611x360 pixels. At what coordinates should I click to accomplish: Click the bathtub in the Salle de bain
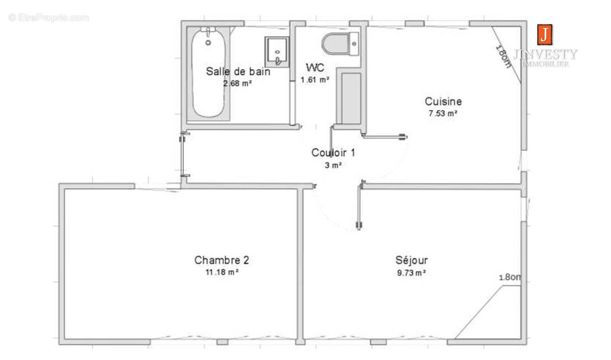click(x=208, y=74)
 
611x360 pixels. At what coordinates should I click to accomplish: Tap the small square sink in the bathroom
click(x=275, y=51)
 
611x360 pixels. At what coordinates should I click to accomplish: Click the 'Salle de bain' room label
click(x=238, y=72)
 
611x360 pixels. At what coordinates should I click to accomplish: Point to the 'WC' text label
click(x=315, y=68)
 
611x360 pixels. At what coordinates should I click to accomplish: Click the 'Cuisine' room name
click(x=443, y=101)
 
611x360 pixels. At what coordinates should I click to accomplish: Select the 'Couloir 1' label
click(x=333, y=152)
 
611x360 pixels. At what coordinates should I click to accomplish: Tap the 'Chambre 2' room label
click(x=221, y=260)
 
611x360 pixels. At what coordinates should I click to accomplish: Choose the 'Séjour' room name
click(x=411, y=260)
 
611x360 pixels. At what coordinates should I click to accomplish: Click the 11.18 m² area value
click(x=221, y=272)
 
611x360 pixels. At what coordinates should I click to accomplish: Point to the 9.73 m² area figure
click(x=411, y=272)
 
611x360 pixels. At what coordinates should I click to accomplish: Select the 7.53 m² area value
click(x=442, y=114)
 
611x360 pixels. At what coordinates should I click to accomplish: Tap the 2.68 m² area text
click(x=238, y=84)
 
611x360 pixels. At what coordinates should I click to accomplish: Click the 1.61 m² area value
click(x=315, y=79)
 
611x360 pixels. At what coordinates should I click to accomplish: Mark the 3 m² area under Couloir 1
click(x=332, y=165)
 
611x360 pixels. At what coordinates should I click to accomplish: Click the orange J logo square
click(x=544, y=35)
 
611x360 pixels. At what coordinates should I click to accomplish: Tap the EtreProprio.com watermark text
click(x=49, y=18)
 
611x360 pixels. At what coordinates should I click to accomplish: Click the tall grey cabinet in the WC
click(x=350, y=98)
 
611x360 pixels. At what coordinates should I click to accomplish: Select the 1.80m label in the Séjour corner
click(x=510, y=278)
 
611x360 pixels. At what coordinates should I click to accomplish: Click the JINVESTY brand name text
click(x=545, y=54)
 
